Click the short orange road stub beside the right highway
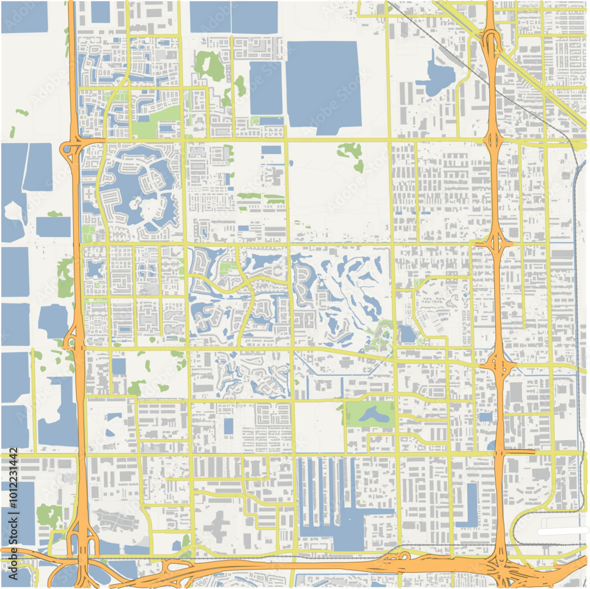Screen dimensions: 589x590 [x=520, y=451]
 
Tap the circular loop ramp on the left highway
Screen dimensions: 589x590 [x=69, y=152]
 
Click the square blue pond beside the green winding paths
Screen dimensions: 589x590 [x=407, y=334]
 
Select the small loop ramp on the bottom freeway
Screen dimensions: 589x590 [x=404, y=557]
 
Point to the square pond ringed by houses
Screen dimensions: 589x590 [x=94, y=269]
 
